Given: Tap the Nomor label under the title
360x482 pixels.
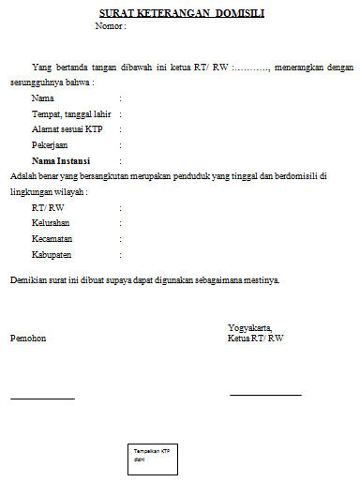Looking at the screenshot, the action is pos(110,25).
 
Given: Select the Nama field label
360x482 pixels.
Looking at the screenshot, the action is pos(42,98).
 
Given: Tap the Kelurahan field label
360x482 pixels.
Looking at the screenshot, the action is pos(51,223).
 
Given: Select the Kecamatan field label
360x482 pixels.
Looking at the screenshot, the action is pos(52,239).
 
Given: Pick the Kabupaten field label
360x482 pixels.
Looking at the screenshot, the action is pos(52,255).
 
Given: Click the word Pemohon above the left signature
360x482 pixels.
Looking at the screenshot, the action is pos(27,338).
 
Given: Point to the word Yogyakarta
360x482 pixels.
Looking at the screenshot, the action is pos(249,327).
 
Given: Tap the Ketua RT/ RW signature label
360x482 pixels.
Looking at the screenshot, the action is pos(255,338).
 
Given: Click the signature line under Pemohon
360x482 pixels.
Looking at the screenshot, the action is pos(42,399).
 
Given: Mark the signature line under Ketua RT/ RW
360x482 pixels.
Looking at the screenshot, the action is pos(265,395).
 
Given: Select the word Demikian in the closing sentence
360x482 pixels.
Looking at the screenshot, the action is pos(28,280).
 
